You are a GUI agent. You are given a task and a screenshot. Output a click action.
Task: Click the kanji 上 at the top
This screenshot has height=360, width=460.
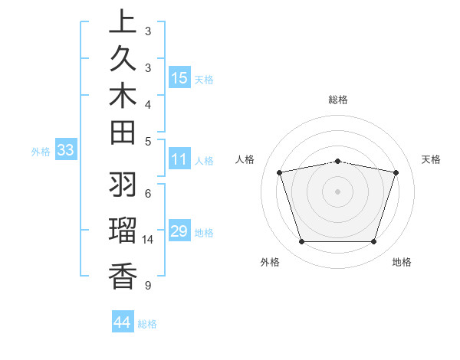[122, 23]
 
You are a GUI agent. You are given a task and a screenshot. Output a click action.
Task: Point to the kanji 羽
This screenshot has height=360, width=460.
[122, 185]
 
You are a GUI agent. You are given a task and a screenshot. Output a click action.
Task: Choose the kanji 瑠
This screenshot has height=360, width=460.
[122, 231]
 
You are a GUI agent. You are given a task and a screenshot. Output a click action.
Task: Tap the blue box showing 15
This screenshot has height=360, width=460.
[179, 77]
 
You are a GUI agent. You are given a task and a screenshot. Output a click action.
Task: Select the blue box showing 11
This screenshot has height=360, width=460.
[179, 159]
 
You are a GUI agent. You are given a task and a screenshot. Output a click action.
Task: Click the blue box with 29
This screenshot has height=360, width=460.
[179, 231]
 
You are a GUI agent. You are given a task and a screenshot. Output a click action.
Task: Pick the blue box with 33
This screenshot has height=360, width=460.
[65, 150]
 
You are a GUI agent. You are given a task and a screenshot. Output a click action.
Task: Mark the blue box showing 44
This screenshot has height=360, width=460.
[122, 322]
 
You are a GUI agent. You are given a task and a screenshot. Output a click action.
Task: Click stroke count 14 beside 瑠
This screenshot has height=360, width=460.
[148, 240]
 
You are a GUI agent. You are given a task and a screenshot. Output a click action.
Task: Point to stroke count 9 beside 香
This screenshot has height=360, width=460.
[147, 286]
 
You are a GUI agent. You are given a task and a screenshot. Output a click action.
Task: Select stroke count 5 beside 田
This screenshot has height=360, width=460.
[147, 141]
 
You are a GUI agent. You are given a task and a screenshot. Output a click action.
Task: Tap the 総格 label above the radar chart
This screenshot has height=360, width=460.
[338, 100]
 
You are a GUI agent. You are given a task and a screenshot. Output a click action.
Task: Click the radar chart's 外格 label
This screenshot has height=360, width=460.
[270, 262]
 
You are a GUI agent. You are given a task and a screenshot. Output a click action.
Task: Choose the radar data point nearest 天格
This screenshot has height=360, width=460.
[396, 173]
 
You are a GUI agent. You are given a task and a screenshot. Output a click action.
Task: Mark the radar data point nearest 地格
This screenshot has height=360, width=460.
[373, 242]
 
